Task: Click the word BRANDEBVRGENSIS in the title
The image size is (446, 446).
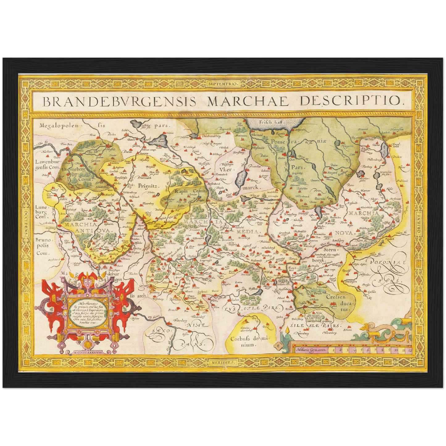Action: [119, 101]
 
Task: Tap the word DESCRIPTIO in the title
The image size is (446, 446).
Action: [352, 100]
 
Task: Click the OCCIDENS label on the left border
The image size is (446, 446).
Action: [26, 223]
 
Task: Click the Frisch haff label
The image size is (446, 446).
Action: [271, 122]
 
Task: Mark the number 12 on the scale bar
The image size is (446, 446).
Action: [409, 350]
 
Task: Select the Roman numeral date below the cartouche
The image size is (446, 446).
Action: [88, 351]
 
